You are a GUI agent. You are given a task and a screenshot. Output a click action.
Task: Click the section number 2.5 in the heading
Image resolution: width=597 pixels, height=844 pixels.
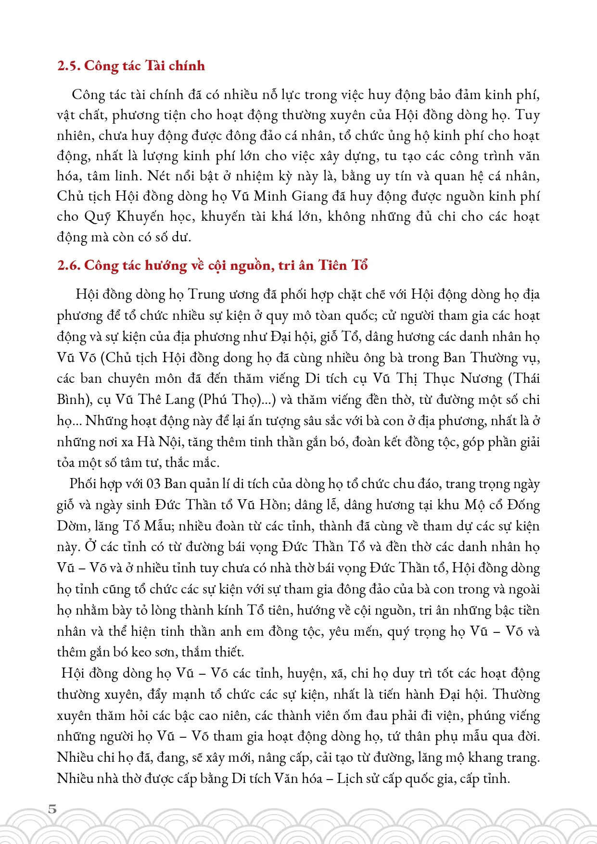[68, 65]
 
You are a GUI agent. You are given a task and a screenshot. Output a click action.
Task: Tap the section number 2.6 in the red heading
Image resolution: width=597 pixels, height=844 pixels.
[68, 265]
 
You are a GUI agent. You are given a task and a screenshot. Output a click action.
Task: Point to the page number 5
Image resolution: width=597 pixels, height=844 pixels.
[52, 809]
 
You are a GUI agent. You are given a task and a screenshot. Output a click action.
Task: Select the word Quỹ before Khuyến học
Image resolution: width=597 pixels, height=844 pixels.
[98, 217]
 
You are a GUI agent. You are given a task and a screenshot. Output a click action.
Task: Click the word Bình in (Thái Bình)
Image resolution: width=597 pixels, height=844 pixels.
[70, 400]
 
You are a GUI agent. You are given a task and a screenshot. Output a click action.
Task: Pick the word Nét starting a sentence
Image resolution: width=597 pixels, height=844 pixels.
[159, 176]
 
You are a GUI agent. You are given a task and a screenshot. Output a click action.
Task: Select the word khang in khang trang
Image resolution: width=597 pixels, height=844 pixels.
[486, 757]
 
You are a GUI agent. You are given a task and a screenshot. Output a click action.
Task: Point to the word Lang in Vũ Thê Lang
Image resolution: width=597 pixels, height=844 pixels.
[180, 400]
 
